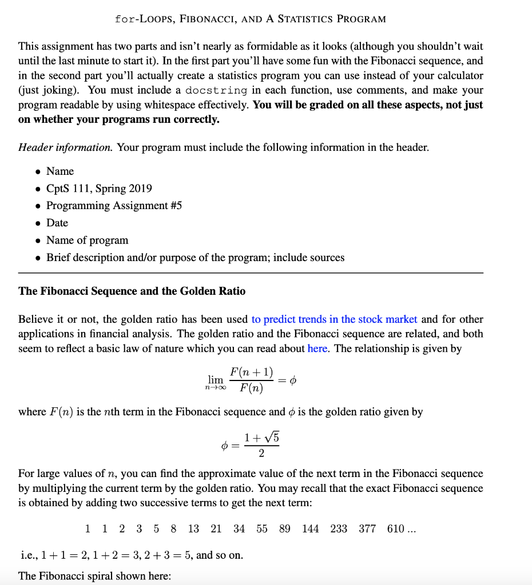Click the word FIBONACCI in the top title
tap(205, 19)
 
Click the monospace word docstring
tap(217, 90)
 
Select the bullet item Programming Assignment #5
tap(114, 206)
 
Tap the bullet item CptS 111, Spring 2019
tap(99, 189)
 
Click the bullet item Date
tap(57, 223)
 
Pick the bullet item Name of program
tap(87, 240)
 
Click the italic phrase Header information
tap(66, 147)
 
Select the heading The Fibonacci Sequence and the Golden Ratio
tap(132, 291)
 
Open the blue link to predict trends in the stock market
tap(334, 319)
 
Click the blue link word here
tap(317, 348)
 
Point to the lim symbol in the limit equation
tap(215, 380)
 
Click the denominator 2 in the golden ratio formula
tap(261, 454)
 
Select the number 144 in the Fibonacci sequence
tap(310, 529)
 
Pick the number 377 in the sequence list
tap(367, 529)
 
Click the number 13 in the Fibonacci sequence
tap(193, 529)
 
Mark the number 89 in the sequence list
tap(284, 529)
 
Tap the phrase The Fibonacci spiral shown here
tap(94, 576)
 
